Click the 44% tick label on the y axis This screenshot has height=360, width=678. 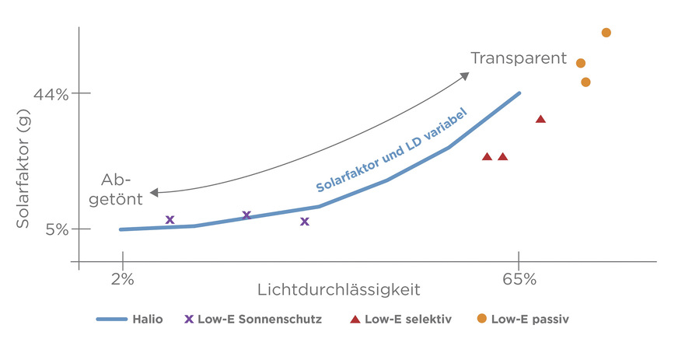(51, 94)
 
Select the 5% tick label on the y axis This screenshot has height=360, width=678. (56, 229)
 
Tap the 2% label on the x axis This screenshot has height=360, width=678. (122, 279)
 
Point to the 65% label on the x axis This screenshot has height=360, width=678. (519, 279)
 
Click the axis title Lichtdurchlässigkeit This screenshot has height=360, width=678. (338, 290)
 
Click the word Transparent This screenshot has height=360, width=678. (517, 58)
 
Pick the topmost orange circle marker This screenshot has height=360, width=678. (606, 33)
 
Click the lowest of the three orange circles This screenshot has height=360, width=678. (585, 82)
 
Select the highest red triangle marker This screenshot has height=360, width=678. (540, 119)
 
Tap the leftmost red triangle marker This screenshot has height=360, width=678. (487, 156)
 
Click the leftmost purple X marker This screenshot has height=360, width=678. (170, 220)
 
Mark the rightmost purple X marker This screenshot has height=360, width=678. (305, 222)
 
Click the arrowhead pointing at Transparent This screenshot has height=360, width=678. (465, 75)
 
